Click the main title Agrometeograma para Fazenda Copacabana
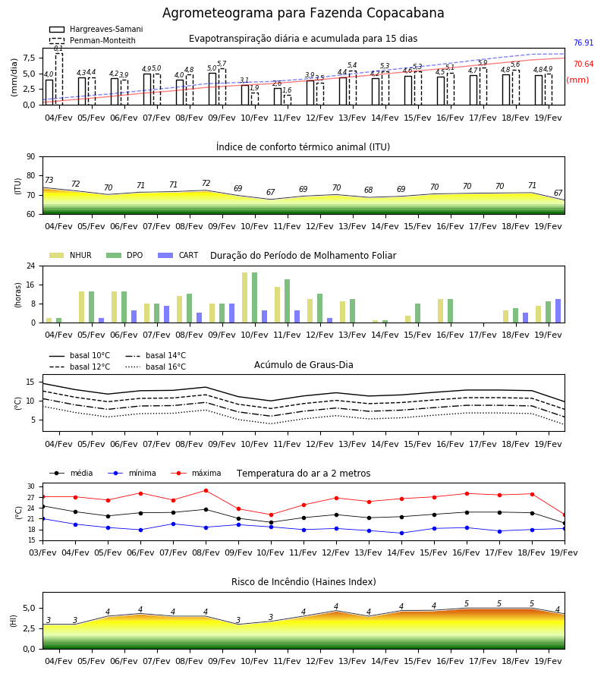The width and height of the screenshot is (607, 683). (303, 13)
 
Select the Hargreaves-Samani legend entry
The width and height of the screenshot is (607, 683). (96, 29)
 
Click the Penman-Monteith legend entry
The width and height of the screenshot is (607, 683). (93, 40)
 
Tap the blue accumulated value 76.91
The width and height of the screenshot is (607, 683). (583, 42)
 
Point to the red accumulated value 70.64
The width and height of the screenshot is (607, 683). (583, 64)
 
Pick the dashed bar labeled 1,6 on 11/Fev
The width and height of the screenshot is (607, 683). (288, 99)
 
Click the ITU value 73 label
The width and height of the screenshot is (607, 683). (49, 180)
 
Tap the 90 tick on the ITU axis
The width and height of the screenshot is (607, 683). (31, 157)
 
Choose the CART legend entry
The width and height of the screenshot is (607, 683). (178, 255)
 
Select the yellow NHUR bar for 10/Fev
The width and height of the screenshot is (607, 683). (245, 297)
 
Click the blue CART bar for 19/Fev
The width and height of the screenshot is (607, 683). (558, 311)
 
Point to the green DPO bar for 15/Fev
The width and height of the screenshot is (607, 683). (417, 313)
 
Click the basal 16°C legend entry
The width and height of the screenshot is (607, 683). (156, 367)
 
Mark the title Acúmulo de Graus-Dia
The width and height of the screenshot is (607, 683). (303, 364)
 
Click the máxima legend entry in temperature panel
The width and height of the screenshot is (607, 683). (196, 473)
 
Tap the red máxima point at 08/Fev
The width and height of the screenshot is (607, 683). (206, 490)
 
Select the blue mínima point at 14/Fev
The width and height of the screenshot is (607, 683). (401, 533)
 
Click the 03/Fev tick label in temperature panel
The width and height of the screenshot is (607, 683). (42, 552)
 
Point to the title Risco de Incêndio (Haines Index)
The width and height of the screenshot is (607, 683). (303, 582)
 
